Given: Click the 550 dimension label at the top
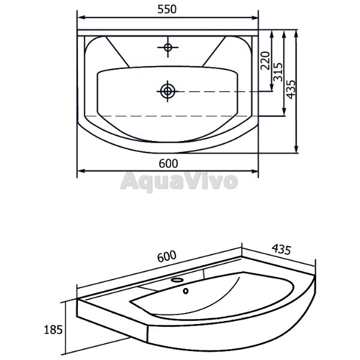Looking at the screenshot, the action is (x=167, y=9).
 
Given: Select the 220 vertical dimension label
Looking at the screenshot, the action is (x=265, y=61).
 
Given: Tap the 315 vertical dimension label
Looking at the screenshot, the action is (x=278, y=72).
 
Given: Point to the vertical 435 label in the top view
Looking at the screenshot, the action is (x=290, y=89).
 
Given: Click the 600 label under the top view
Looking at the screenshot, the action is (x=168, y=163).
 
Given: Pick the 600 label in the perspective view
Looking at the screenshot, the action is (x=167, y=256).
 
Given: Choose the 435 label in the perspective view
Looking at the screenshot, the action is (x=281, y=250).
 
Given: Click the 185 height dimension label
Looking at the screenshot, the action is (x=53, y=329).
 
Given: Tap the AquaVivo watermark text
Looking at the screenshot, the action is (x=179, y=181).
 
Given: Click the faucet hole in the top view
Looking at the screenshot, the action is (x=168, y=47).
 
